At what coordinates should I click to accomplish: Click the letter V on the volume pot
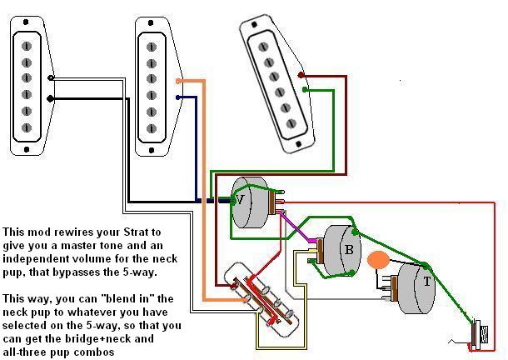pos(240,200)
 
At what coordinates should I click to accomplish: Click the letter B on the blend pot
pos(350,249)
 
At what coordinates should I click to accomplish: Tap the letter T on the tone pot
pos(427,282)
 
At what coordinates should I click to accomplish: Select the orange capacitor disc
pos(379,261)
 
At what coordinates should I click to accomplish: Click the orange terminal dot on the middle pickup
pos(178,81)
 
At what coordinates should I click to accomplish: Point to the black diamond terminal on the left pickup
pos(52,98)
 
